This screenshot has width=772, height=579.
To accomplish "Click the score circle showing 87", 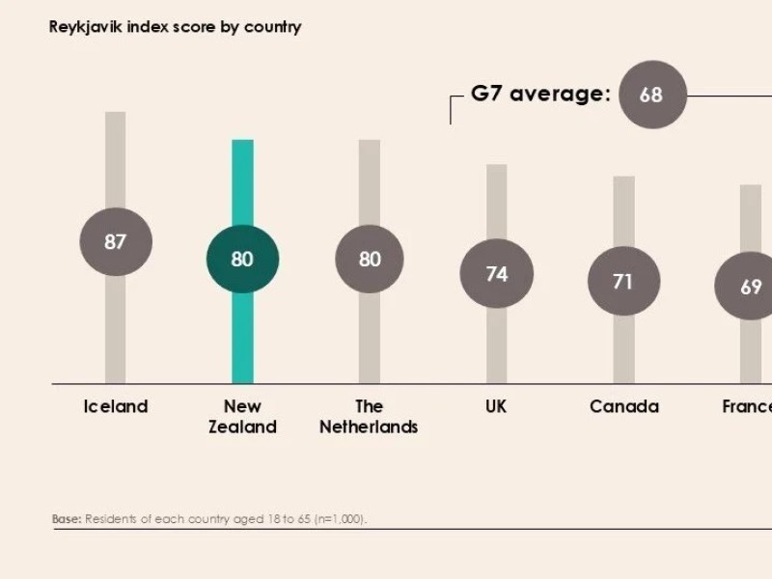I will pyautogui.click(x=115, y=241).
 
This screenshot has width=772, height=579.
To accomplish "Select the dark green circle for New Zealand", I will pyautogui.click(x=242, y=259).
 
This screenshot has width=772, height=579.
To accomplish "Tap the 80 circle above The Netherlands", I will pyautogui.click(x=370, y=259).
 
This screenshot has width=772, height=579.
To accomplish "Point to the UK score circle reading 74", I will pyautogui.click(x=496, y=274).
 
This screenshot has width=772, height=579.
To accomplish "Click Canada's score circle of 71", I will pyautogui.click(x=623, y=281).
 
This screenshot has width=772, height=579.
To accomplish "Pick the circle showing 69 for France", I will pyautogui.click(x=750, y=287).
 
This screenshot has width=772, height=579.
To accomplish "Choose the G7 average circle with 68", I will pyautogui.click(x=652, y=95).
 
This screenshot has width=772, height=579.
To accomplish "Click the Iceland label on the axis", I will pyautogui.click(x=115, y=406).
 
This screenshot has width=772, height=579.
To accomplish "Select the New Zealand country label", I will pyautogui.click(x=242, y=416).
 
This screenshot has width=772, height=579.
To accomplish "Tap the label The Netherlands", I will pyautogui.click(x=369, y=416).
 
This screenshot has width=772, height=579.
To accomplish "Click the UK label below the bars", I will pyautogui.click(x=496, y=406).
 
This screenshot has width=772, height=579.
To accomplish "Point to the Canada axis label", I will pyautogui.click(x=623, y=406).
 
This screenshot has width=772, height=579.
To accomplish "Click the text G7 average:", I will pyautogui.click(x=540, y=94).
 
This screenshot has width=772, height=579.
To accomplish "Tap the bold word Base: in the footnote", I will pyautogui.click(x=66, y=519).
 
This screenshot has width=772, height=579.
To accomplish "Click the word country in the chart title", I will pyautogui.click(x=272, y=27).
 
